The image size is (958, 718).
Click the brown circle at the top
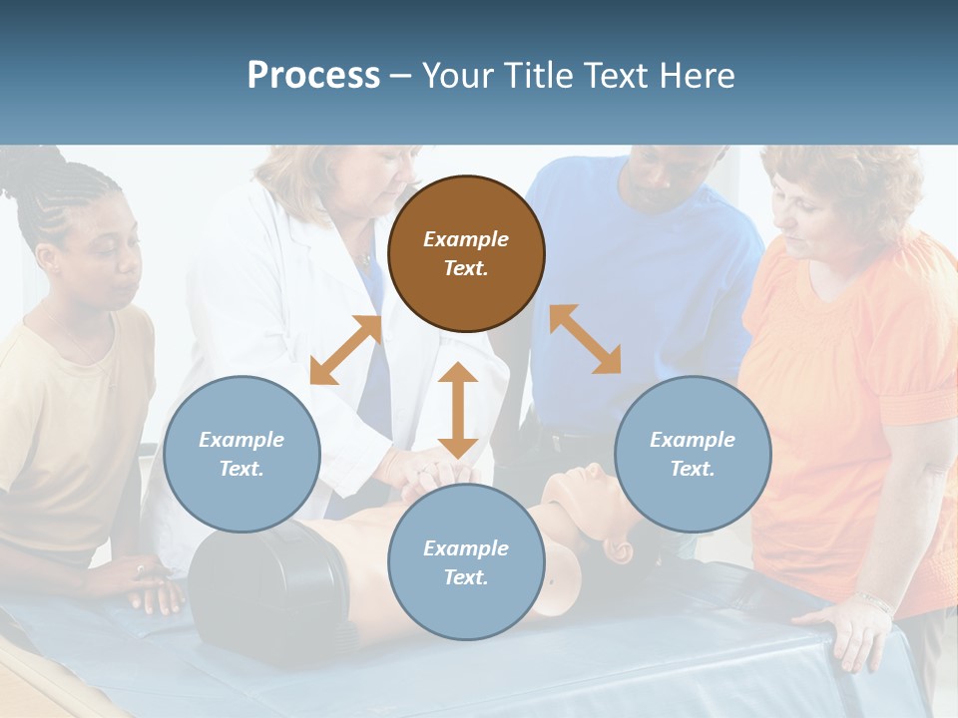[x=466, y=253]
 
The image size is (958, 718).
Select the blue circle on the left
[x=241, y=454]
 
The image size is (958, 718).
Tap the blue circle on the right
[x=692, y=454]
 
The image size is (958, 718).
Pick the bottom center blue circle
[x=466, y=562]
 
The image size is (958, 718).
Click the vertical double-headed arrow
[x=457, y=410]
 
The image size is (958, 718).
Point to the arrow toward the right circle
[x=586, y=339]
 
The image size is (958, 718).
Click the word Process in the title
[x=313, y=75]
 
